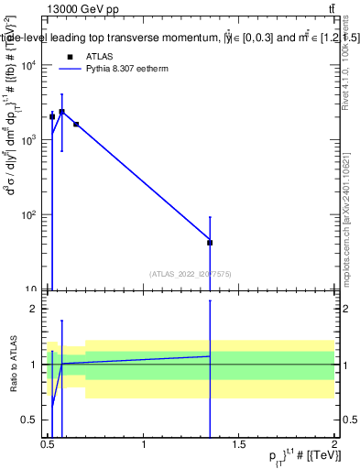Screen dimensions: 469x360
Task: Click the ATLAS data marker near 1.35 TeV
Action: [210, 243]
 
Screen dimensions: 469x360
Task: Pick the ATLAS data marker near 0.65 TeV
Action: [76, 124]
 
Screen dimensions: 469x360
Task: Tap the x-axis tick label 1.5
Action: [239, 445]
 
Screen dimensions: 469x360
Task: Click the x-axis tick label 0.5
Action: [48, 445]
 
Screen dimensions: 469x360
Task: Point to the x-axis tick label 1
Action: [144, 445]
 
